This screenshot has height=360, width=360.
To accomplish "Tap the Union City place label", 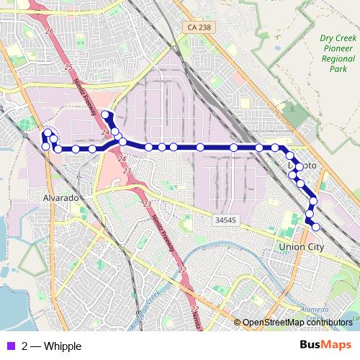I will coord(301,247).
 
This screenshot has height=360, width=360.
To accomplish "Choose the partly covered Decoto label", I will coord(302,166).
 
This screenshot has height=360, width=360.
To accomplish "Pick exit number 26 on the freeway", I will coord(49,32).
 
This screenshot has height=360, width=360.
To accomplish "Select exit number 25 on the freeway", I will coord(68,67).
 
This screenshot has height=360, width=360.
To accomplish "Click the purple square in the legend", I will coord(9,346).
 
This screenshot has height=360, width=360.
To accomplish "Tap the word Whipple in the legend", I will coord(63,346).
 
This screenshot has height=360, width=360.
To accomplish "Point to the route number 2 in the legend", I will coord(25,346).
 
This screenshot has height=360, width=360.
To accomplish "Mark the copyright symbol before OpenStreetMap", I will coord(237,323).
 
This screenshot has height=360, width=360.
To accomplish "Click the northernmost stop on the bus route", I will coord(105,114).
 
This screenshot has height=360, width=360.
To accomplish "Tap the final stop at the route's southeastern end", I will coord(316,227).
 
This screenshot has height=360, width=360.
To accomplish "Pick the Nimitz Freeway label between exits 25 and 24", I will coord(86,94).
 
